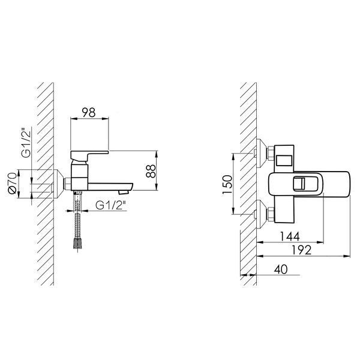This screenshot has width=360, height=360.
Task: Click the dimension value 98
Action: click(89, 113)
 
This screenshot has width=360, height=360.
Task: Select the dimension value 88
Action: click(151, 171)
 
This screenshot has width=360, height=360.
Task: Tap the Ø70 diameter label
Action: click(12, 183)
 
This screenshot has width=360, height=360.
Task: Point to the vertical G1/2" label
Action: click(26, 144)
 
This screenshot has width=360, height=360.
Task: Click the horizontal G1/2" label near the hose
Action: click(111, 205)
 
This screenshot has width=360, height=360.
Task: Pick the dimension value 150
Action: click(227, 184)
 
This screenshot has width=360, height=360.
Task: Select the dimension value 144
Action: click(290, 236)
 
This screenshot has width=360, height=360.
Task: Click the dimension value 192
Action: click(301, 250)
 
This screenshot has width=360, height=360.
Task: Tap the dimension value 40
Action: click(281, 269)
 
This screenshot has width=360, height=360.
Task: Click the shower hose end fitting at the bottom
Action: click(78, 244)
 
